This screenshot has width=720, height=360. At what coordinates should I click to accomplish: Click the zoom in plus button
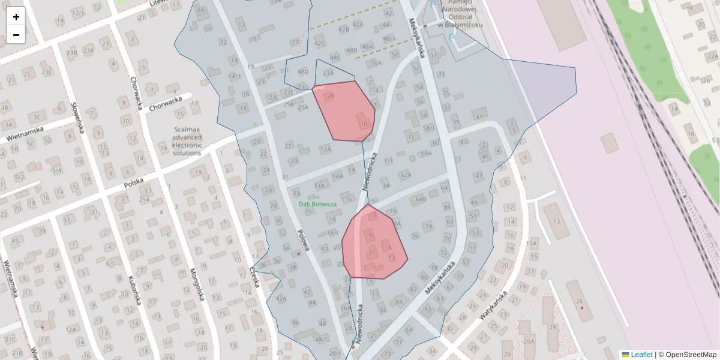point(16,16)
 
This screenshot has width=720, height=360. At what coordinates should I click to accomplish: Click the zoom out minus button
point(16,35)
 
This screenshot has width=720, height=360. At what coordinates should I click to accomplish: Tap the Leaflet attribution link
point(641,355)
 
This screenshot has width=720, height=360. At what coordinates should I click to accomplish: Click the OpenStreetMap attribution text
point(691,355)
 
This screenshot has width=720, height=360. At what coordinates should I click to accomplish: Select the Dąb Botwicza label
point(318,204)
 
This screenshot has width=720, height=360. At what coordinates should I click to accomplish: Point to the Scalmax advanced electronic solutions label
point(187,141)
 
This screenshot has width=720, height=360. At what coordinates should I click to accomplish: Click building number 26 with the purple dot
point(580,301)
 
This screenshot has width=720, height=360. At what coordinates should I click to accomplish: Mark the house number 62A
point(406,175)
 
